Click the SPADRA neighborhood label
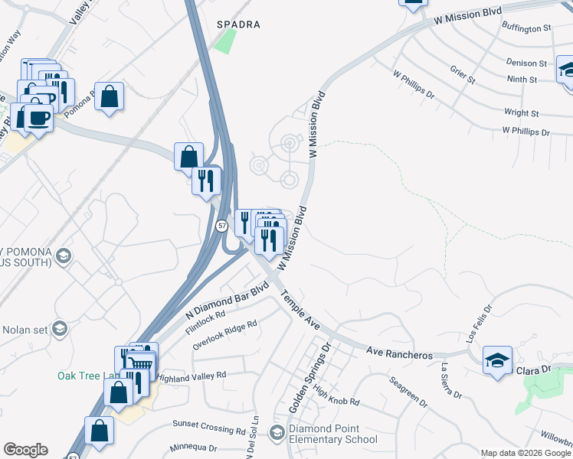[x=237, y=24]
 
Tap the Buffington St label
[x=526, y=28]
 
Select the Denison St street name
[x=526, y=63]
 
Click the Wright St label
[x=522, y=112]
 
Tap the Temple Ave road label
[x=300, y=309]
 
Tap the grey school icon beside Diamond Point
[x=277, y=434]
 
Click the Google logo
[x=25, y=450]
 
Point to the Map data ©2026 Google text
[x=525, y=453]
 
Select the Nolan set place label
[x=25, y=330]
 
